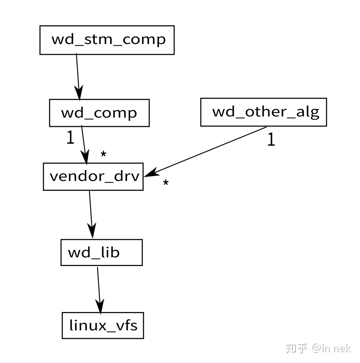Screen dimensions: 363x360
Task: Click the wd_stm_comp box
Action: pyautogui.click(x=107, y=40)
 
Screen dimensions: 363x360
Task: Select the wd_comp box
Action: pyautogui.click(x=99, y=113)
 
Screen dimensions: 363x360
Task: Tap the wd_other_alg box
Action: pyautogui.click(x=263, y=112)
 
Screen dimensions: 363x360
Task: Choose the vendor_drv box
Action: pyautogui.click(x=93, y=176)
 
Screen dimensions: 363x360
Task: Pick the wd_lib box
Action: pyautogui.click(x=101, y=252)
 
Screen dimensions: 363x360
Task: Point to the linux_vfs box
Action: pyautogui.click(x=103, y=325)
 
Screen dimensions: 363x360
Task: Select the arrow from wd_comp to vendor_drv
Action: pyautogui.click(x=83, y=142)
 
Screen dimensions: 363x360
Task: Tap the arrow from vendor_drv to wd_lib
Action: pyautogui.click(x=91, y=213)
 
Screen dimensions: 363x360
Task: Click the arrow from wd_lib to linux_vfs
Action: pyautogui.click(x=99, y=287)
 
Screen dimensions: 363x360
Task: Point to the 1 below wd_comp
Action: pyautogui.click(x=70, y=138)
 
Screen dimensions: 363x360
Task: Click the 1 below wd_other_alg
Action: pyautogui.click(x=271, y=140)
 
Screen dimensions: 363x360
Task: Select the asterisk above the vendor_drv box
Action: pyautogui.click(x=103, y=154)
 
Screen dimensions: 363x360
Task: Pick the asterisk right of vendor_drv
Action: pyautogui.click(x=165, y=182)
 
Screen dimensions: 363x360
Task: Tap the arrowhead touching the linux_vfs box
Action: pyautogui.click(x=100, y=307)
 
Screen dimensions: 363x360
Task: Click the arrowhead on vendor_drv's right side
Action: pyautogui.click(x=150, y=173)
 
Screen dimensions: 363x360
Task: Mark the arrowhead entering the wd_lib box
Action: pyautogui.click(x=92, y=232)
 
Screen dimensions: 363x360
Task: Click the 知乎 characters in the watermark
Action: pyautogui.click(x=297, y=348)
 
